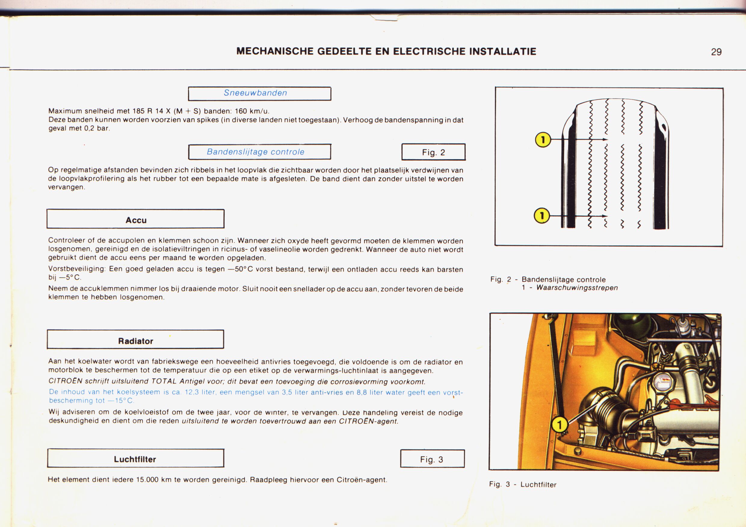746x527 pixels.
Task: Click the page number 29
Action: click(716, 52)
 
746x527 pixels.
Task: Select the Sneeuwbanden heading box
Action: click(259, 93)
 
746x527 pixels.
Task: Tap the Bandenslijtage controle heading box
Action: click(259, 152)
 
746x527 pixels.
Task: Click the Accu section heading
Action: click(135, 220)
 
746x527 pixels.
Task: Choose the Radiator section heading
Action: click(135, 341)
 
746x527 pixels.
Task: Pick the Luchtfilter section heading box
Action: click(135, 459)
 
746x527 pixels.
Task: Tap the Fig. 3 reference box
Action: click(432, 459)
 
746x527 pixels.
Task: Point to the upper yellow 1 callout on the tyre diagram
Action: click(543, 140)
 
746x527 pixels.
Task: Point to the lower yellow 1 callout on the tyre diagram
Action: click(542, 216)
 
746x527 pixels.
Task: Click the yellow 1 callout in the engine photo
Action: click(559, 425)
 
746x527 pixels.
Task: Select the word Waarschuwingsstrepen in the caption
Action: click(577, 288)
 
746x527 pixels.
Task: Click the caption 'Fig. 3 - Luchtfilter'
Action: click(523, 484)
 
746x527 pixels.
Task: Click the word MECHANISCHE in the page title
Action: click(275, 51)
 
